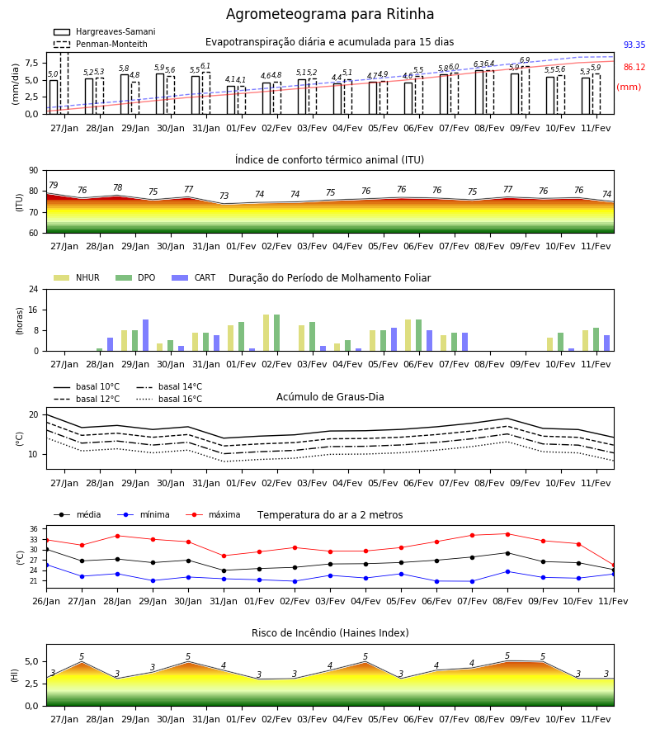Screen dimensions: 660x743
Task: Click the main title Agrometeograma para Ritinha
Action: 329,14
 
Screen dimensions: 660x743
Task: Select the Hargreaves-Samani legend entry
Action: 104,31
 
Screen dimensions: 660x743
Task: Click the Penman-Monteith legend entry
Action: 101,44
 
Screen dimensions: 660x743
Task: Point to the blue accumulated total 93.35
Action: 634,45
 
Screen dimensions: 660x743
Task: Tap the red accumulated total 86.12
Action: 634,68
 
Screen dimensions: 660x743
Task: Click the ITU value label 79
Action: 54,185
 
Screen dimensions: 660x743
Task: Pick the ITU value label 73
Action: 224,196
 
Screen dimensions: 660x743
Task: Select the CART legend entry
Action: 193,277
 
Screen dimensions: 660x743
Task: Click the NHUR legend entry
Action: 77,277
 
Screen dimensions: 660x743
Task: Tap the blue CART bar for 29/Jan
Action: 146,335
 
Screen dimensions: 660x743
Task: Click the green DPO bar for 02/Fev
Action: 276,333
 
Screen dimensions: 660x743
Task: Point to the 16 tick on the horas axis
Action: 34,310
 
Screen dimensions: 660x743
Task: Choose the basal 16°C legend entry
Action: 169,399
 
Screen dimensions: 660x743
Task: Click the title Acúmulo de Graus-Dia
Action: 330,397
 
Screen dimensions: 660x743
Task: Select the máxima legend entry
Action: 213,514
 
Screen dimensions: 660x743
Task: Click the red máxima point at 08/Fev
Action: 508,534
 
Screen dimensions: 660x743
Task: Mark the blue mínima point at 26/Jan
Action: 47,566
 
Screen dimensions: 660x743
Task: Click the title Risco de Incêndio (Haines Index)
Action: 330,633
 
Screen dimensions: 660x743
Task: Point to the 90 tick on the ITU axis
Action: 34,171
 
